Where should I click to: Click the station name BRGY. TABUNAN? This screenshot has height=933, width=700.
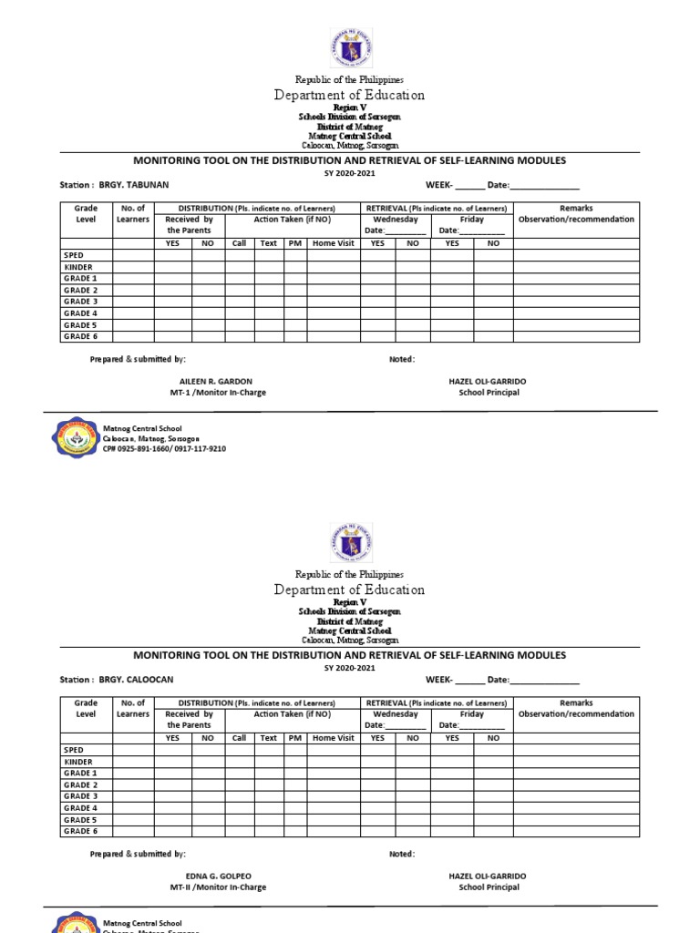pos(134,185)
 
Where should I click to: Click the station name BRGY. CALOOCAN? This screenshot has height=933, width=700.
pos(136,680)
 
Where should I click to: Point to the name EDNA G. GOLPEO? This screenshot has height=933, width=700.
pos(218,876)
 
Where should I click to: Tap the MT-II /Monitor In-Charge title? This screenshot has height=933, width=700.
pos(218,887)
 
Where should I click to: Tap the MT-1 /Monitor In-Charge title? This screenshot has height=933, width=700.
pos(218,393)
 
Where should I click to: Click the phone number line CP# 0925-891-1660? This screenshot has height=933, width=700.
pos(164,449)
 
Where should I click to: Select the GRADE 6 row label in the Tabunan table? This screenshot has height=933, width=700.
pos(80,336)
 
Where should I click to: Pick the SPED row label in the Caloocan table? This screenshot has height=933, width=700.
pos(74,750)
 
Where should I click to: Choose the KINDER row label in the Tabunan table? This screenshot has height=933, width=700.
pos(78,267)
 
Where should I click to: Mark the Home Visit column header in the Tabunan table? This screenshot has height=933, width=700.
pos(334,243)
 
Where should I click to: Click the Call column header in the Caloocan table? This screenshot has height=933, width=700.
pos(240,738)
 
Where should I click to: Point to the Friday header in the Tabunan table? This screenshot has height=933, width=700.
pos(472,220)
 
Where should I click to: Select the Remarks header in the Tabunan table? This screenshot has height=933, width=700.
pos(576,209)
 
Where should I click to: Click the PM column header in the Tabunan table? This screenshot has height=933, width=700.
pos(295,243)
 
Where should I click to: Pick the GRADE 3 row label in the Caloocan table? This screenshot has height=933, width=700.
pos(80,796)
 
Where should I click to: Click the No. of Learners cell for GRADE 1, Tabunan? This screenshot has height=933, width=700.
pos(133,279)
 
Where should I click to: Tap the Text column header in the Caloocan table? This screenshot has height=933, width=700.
pos(269,738)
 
